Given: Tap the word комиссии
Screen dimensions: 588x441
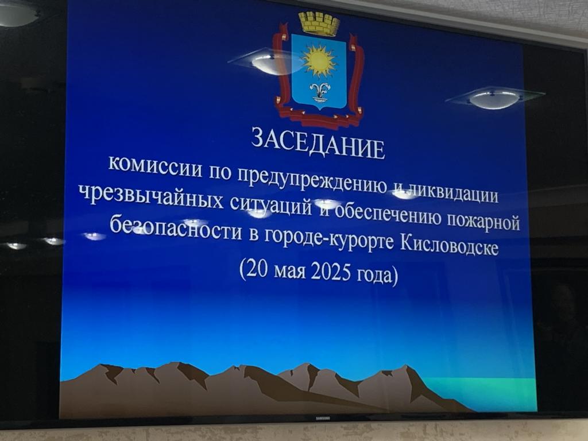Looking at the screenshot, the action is click(x=155, y=166).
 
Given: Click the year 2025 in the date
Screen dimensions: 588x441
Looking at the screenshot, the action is click(x=331, y=272).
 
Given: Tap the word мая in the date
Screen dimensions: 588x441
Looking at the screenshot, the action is click(x=289, y=271).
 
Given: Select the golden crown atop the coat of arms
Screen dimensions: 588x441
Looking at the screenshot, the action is click(x=319, y=23).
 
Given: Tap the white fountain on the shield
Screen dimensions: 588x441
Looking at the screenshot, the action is click(x=320, y=91).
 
